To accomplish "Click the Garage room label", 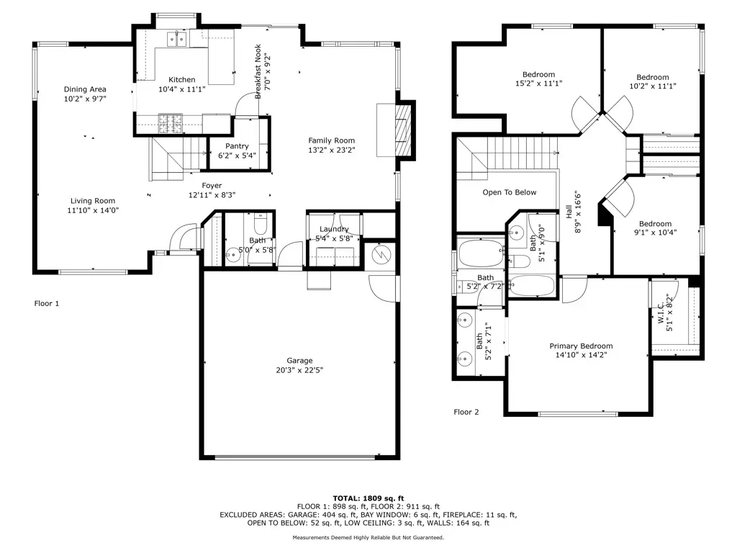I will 299,361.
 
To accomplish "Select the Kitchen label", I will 181,80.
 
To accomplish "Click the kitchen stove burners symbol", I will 170,124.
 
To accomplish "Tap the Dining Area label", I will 85,89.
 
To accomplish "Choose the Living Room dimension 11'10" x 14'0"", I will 92,211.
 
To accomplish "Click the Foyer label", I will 212,185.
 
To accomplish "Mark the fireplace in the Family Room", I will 404,130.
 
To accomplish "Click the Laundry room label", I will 334,229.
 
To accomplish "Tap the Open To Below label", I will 509,192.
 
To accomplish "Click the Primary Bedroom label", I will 581,346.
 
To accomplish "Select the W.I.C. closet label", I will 661,313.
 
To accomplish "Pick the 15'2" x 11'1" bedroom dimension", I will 538,84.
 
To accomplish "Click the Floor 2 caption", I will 466,412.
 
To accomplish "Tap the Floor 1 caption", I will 47,303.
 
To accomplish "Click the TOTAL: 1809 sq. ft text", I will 368,498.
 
